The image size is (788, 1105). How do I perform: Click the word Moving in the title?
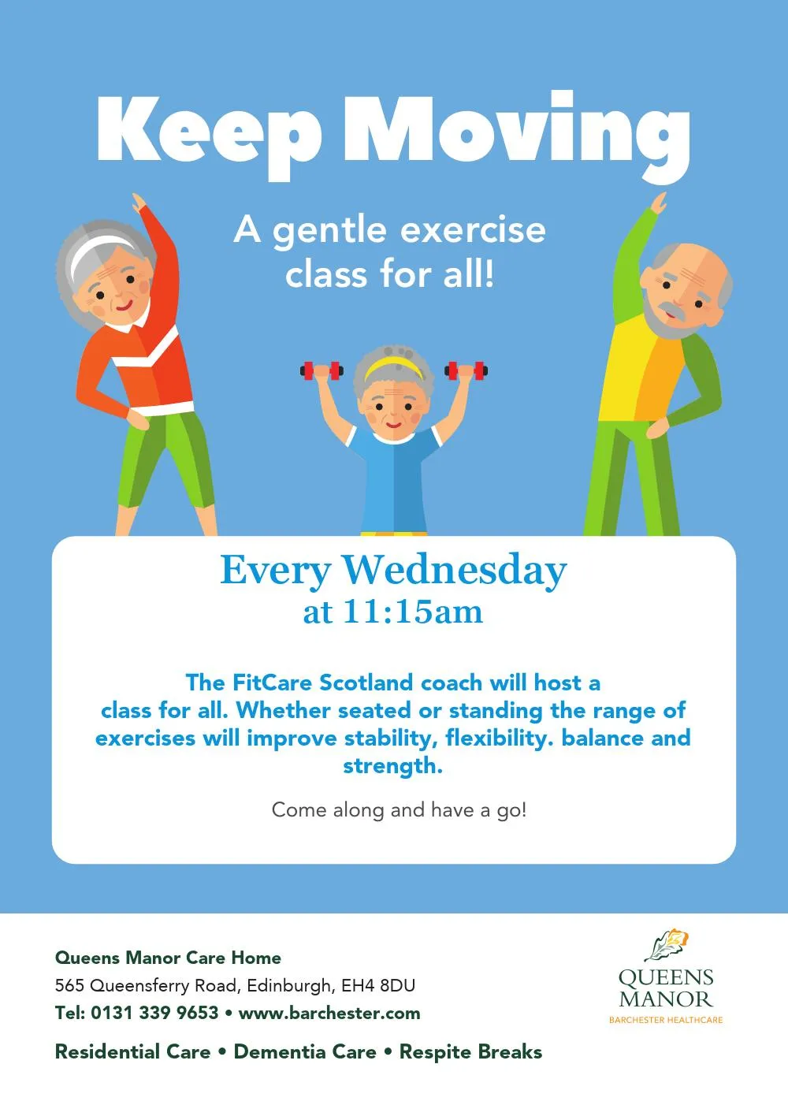click(517, 136)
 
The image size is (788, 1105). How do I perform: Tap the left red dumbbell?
click(322, 370)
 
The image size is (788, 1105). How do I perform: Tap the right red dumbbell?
click(466, 370)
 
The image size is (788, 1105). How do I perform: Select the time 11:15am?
click(412, 612)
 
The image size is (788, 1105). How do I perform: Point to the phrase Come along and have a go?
click(399, 810)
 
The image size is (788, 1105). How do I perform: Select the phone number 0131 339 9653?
click(154, 1014)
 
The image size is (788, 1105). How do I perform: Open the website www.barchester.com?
click(329, 1014)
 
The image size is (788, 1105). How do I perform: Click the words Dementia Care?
click(305, 1051)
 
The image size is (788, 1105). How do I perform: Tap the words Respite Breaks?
click(470, 1051)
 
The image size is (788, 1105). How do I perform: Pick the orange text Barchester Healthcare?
click(666, 1020)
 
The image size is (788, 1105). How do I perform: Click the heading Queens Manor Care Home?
click(168, 958)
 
